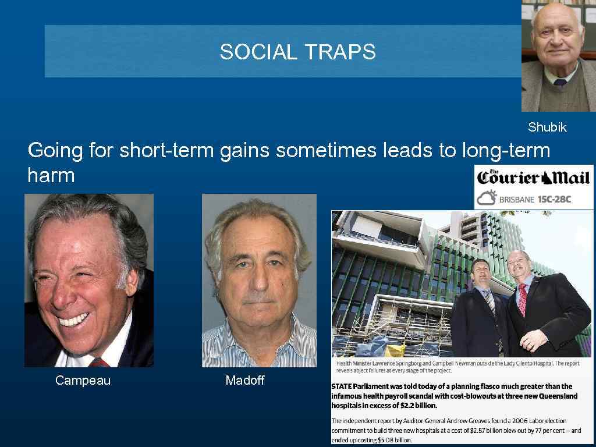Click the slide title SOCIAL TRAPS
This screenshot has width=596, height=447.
coord(297,52)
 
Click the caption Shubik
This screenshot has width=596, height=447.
coord(547,127)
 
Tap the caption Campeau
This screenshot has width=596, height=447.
coord(83,381)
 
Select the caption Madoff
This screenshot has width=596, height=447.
coord(244,381)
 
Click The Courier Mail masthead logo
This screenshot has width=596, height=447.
coord(534,177)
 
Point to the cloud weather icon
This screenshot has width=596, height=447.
coord(486,198)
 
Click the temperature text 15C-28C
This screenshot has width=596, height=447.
coord(554,199)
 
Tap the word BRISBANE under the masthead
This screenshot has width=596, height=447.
coord(516,199)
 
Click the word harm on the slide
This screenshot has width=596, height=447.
coord(51,175)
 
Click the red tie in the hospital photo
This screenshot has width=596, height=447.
coord(522,299)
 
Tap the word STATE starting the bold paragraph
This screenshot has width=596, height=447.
coord(343,386)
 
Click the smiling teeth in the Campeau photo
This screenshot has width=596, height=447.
coord(73,320)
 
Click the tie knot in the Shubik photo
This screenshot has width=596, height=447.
coord(560,83)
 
